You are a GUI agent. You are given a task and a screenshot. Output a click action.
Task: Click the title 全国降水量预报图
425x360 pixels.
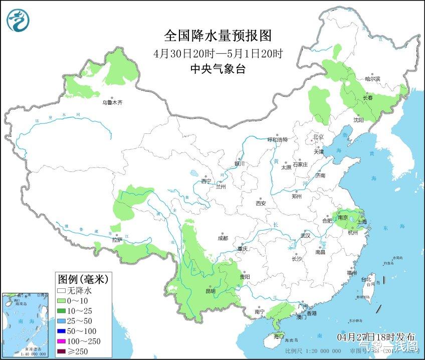click(x=218, y=36)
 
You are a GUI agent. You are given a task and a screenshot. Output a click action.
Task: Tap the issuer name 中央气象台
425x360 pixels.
click(x=218, y=69)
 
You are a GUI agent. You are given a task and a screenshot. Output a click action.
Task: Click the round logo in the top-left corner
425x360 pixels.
click(x=18, y=20)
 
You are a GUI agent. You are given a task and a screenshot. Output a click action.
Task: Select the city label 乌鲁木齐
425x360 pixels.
click(x=112, y=102)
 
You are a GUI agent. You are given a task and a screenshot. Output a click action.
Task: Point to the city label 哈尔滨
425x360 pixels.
click(x=372, y=79)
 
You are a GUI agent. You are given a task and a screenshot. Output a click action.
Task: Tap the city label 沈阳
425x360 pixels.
click(x=358, y=120)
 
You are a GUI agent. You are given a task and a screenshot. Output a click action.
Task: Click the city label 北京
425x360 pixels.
click(x=318, y=137)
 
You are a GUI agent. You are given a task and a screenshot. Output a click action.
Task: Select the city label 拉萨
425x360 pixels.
click(x=117, y=240)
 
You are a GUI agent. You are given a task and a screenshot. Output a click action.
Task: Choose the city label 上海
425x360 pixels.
click(x=362, y=222)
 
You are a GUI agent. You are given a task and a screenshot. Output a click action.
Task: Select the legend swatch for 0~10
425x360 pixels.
click(x=62, y=300)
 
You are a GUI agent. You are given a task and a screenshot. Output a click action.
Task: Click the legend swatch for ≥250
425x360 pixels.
click(x=62, y=351)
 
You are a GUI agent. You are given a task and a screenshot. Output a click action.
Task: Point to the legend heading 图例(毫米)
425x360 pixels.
click(x=83, y=278)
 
